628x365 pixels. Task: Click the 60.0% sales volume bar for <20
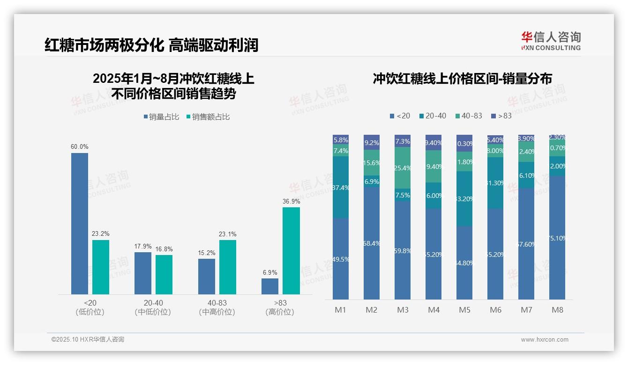pyautogui.click(x=80, y=224)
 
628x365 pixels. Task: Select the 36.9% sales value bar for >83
pyautogui.click(x=291, y=251)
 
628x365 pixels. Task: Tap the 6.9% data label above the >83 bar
pyautogui.click(x=270, y=272)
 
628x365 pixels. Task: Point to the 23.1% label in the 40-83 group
pyautogui.click(x=228, y=234)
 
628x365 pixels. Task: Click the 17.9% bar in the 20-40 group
pyautogui.click(x=143, y=273)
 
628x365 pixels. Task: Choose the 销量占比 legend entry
pyautogui.click(x=161, y=117)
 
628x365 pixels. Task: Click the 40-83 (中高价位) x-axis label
pyautogui.click(x=217, y=307)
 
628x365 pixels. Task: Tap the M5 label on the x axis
pyautogui.click(x=464, y=310)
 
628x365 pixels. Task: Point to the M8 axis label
pyautogui.click(x=557, y=310)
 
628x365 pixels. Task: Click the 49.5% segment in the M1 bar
pyautogui.click(x=341, y=259)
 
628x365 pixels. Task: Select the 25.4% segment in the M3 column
pyautogui.click(x=403, y=168)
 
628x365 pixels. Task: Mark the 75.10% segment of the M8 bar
pyautogui.click(x=557, y=238)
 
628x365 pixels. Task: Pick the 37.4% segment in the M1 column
pyautogui.click(x=341, y=187)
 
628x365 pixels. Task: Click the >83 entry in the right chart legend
pyautogui.click(x=501, y=116)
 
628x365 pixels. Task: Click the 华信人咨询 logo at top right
pyautogui.click(x=551, y=41)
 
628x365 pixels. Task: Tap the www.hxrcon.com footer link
pyautogui.click(x=544, y=340)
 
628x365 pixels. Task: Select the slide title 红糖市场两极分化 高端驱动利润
pyautogui.click(x=151, y=45)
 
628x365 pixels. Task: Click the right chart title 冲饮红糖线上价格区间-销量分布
pyautogui.click(x=462, y=79)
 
